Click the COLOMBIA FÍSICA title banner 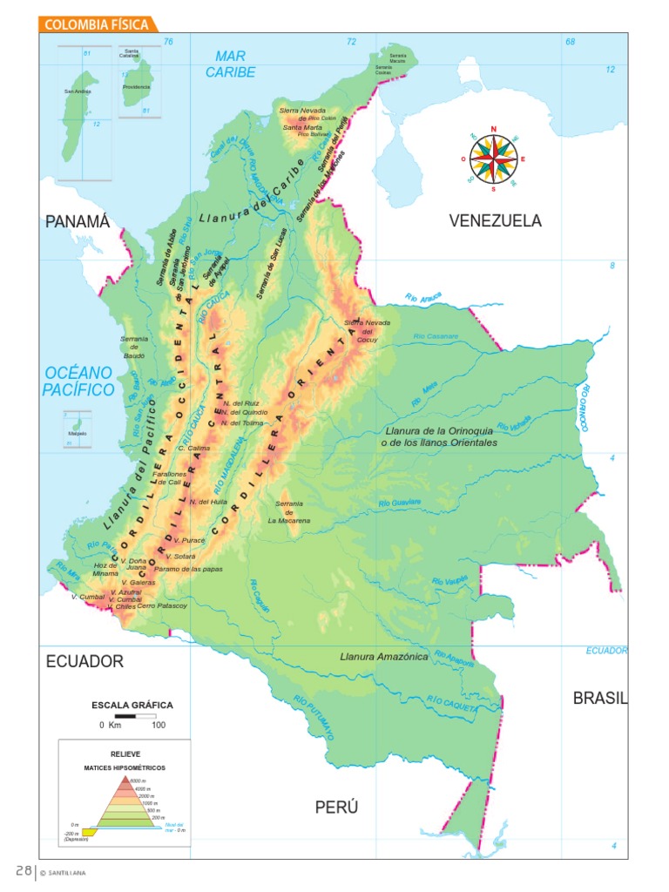point(97,24)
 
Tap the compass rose point(493,159)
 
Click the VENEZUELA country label point(495,221)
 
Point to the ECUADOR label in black point(84,661)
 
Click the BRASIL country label point(600,698)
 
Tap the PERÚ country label point(336,808)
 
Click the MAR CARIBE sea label point(231,64)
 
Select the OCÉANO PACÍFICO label point(78,381)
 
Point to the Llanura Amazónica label point(383,657)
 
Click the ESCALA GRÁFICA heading point(132,705)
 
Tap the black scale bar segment point(125,716)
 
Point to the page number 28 point(23,871)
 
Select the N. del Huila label point(207,502)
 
